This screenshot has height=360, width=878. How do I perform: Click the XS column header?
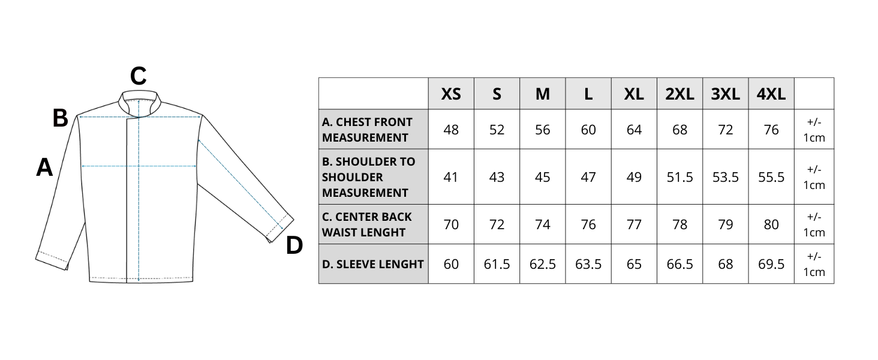pos(451,94)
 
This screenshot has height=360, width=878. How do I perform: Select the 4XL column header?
pos(771,94)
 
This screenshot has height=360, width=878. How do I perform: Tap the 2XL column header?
pos(679,94)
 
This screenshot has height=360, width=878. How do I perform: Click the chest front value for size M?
pos(542,130)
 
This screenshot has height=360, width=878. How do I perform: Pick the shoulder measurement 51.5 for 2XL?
pos(679,177)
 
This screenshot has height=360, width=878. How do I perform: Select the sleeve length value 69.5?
pos(771,264)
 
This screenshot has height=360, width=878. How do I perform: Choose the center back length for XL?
pos(634,224)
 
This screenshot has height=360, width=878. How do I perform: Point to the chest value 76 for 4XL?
pos(771,130)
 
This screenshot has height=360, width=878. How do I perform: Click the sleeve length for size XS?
pos(451,264)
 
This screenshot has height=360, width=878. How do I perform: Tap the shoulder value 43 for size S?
pos(497,177)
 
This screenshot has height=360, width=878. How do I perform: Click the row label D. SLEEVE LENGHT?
pos(372,264)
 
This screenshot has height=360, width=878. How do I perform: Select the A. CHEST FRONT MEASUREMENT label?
pos(367,130)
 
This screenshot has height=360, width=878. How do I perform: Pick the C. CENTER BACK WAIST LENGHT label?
pos(366,224)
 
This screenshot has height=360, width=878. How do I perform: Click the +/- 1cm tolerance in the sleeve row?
pos(814,264)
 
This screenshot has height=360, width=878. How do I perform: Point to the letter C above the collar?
pos(139,76)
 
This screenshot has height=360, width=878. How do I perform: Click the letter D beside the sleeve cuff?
pos(294,245)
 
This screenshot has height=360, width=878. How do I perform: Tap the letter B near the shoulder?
pos(60,118)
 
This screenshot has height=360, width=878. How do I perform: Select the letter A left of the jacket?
pos(44,167)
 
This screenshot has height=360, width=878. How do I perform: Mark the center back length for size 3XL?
pos(725,224)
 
